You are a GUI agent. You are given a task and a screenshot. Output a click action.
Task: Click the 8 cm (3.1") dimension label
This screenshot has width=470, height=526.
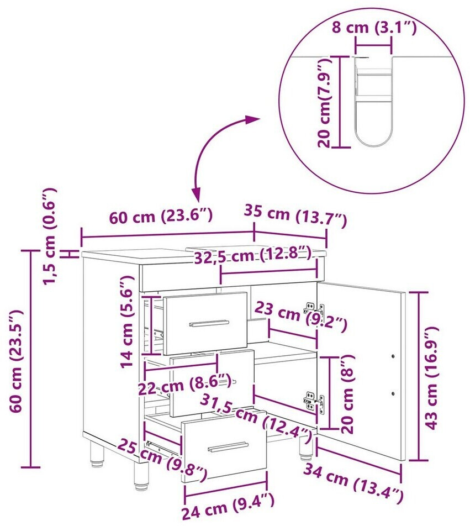point(374,27)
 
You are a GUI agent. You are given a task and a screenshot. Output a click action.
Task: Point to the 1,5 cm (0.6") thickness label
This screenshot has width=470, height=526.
point(50,236)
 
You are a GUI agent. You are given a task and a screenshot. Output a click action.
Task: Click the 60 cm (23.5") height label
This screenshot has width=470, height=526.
point(16,361)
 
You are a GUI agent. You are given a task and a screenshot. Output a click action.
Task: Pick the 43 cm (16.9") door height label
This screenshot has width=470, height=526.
point(431,378)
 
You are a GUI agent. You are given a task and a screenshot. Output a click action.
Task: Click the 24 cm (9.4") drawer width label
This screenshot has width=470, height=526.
point(228,506)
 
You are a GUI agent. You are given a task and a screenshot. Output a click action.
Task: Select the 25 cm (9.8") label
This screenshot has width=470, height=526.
point(162,458)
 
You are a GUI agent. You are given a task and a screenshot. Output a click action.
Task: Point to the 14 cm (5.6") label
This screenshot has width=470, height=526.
point(127,322)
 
